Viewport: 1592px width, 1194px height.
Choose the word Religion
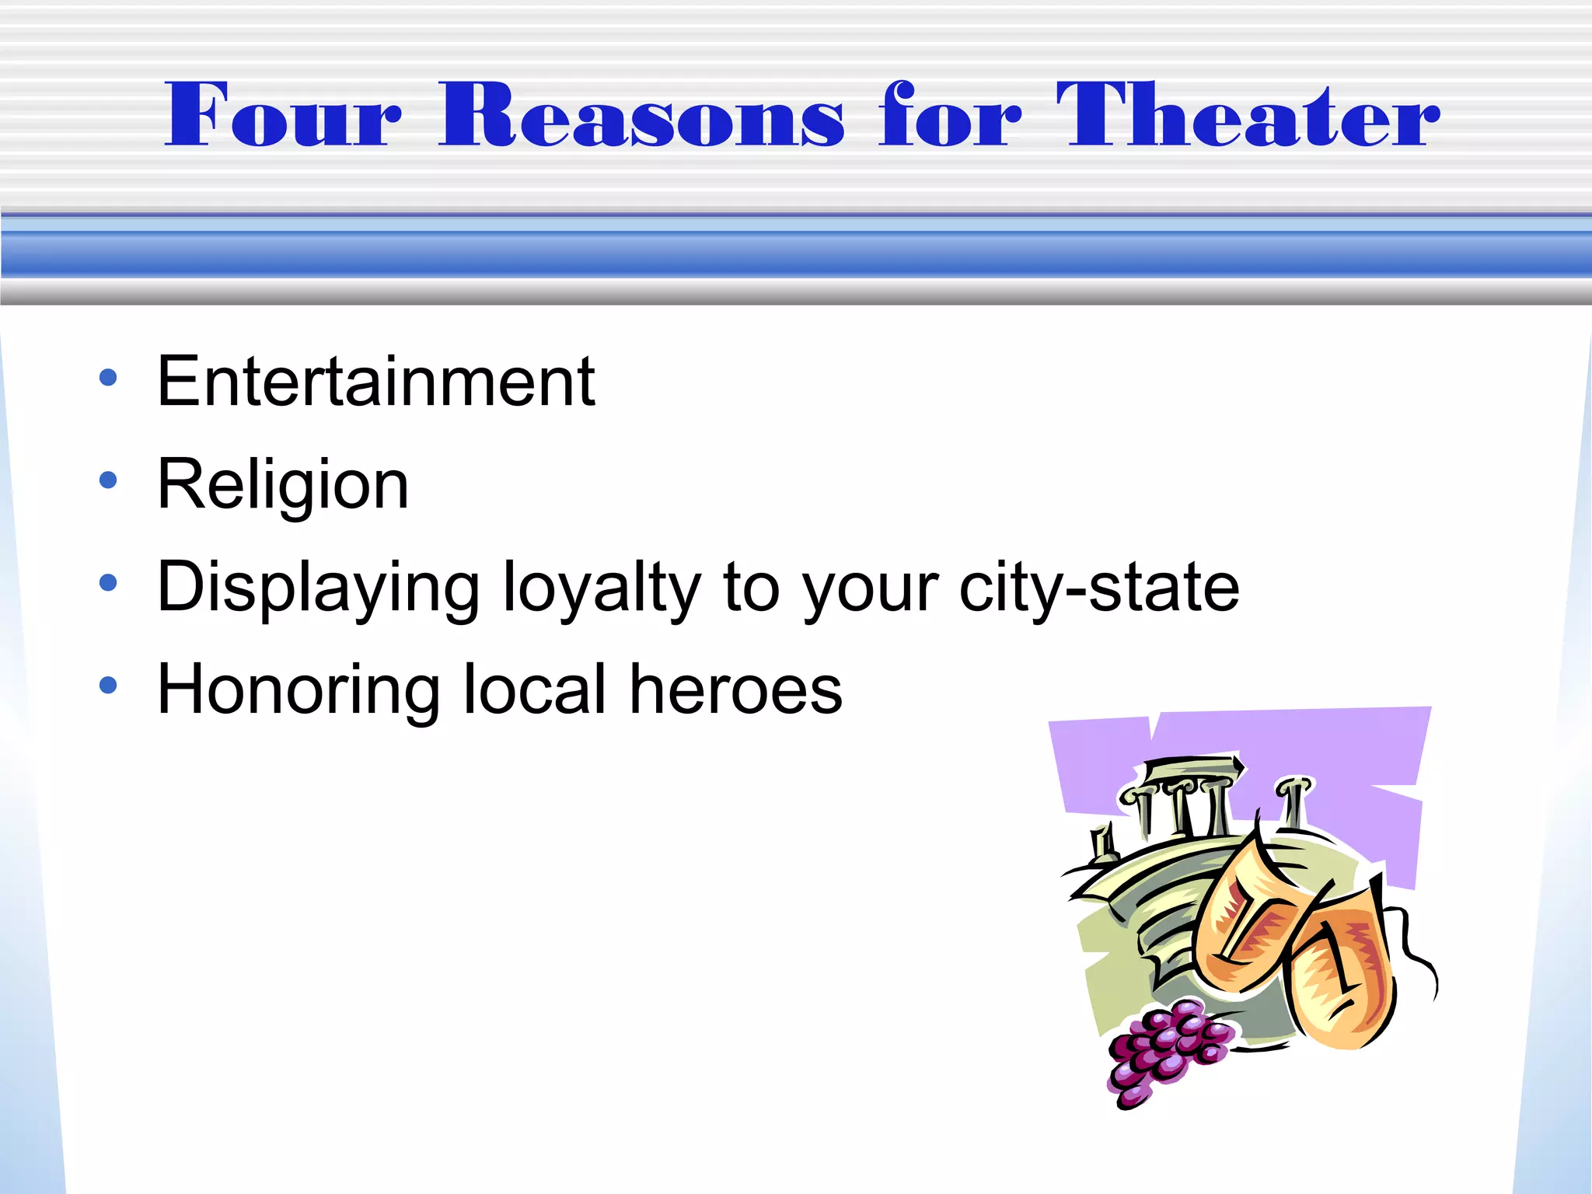click(x=283, y=485)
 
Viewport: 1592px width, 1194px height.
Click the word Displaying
click(x=319, y=588)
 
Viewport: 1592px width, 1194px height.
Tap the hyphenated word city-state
click(x=1099, y=588)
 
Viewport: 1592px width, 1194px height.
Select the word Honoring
click(x=298, y=690)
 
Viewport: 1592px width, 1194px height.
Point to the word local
click(x=535, y=690)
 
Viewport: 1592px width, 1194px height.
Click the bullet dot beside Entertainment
click(x=108, y=379)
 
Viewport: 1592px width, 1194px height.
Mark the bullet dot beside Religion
click(x=108, y=480)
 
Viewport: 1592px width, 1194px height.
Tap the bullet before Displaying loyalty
click(x=108, y=582)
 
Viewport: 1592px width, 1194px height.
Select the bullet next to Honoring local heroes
click(x=108, y=685)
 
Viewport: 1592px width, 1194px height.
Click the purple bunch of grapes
click(x=1166, y=1049)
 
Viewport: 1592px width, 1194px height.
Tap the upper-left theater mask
click(x=1244, y=917)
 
